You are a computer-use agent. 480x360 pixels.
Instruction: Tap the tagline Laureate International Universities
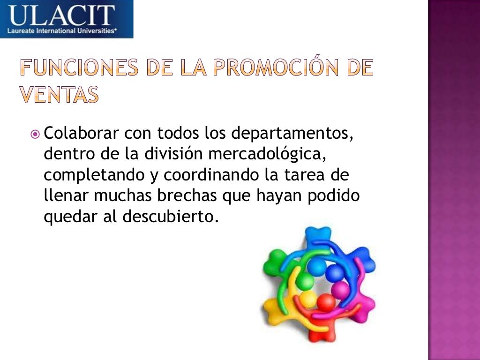coord(61,31)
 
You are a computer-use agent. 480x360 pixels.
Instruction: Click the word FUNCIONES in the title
coord(79,69)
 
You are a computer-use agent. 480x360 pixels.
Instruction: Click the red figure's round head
coord(326,302)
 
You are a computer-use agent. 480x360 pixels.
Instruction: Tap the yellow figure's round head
coord(308,299)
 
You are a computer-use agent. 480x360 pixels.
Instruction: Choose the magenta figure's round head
coord(340,291)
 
